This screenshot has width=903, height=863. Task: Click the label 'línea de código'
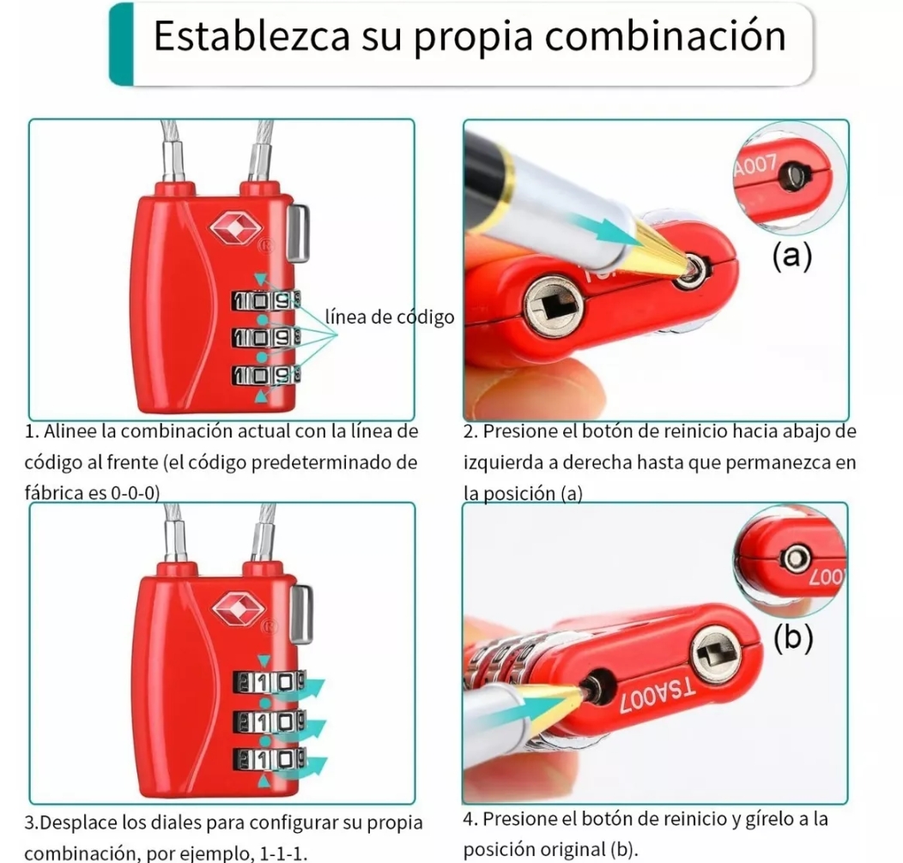click(x=390, y=317)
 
